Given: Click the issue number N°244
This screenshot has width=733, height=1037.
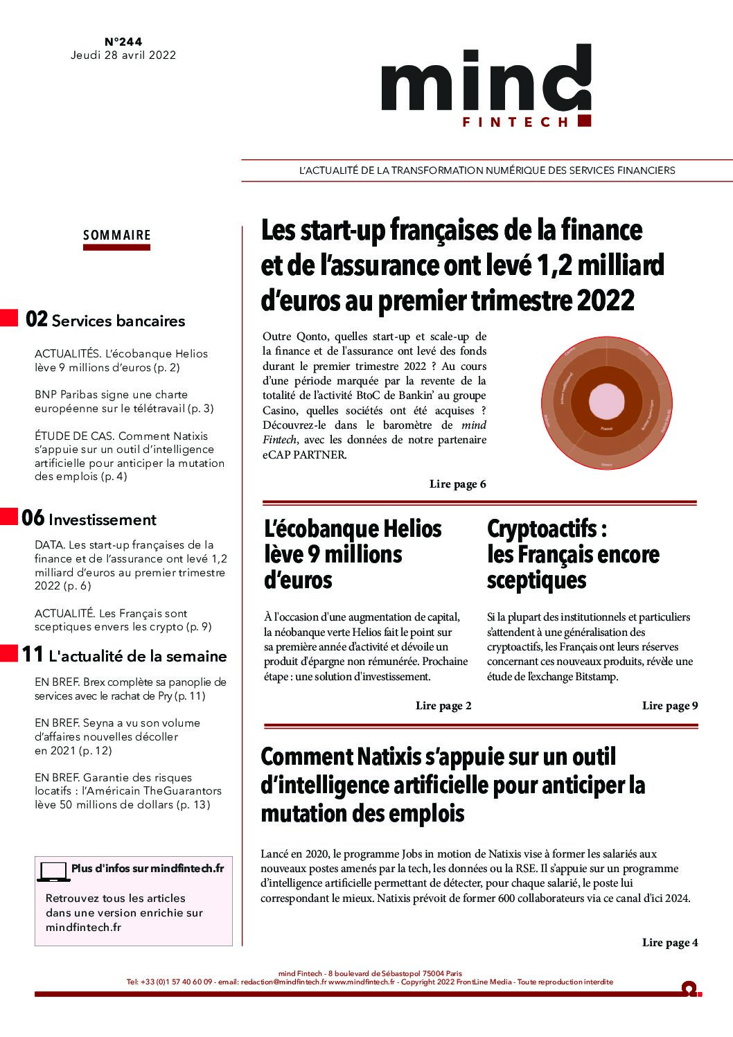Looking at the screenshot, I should tap(123, 42).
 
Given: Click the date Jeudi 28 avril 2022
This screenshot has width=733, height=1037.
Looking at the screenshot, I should tap(123, 55).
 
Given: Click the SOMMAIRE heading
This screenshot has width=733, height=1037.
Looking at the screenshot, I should tap(117, 235).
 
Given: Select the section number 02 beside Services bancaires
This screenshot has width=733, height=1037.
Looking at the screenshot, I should tap(37, 320).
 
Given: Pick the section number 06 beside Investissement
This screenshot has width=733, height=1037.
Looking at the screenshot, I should tap(33, 519).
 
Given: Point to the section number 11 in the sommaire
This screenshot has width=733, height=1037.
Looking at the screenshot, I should tap(33, 655).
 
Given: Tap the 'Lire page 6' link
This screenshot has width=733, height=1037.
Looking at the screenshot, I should tap(457, 484).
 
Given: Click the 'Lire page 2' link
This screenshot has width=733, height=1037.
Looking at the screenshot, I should tap(443, 706).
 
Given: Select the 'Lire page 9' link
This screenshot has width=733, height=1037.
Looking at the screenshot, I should tap(669, 706).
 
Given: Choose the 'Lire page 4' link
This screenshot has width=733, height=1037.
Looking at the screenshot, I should tap(669, 943).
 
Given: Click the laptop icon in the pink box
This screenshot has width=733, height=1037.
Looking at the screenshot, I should tap(53, 871).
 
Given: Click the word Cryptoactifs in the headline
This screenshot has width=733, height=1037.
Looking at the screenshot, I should tap(542, 529).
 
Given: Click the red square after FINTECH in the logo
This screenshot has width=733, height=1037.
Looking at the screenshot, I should tap(584, 121).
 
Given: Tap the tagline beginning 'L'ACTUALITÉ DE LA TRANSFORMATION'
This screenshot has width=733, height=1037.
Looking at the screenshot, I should tap(486, 170).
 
